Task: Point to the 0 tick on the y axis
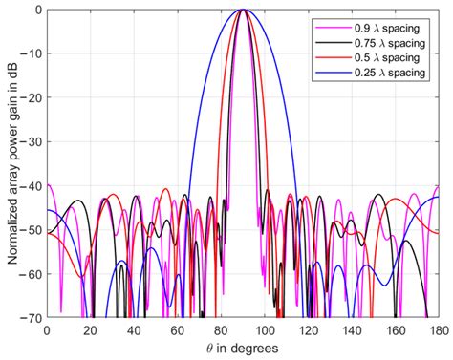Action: click(x=37, y=10)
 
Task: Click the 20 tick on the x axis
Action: click(x=91, y=328)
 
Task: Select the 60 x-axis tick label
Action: click(x=178, y=328)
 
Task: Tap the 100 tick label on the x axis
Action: click(x=265, y=328)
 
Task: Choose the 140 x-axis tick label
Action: click(x=352, y=328)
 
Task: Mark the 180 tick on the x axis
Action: click(x=438, y=328)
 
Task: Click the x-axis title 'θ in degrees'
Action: click(x=243, y=347)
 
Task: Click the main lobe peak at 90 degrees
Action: click(x=243, y=10)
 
